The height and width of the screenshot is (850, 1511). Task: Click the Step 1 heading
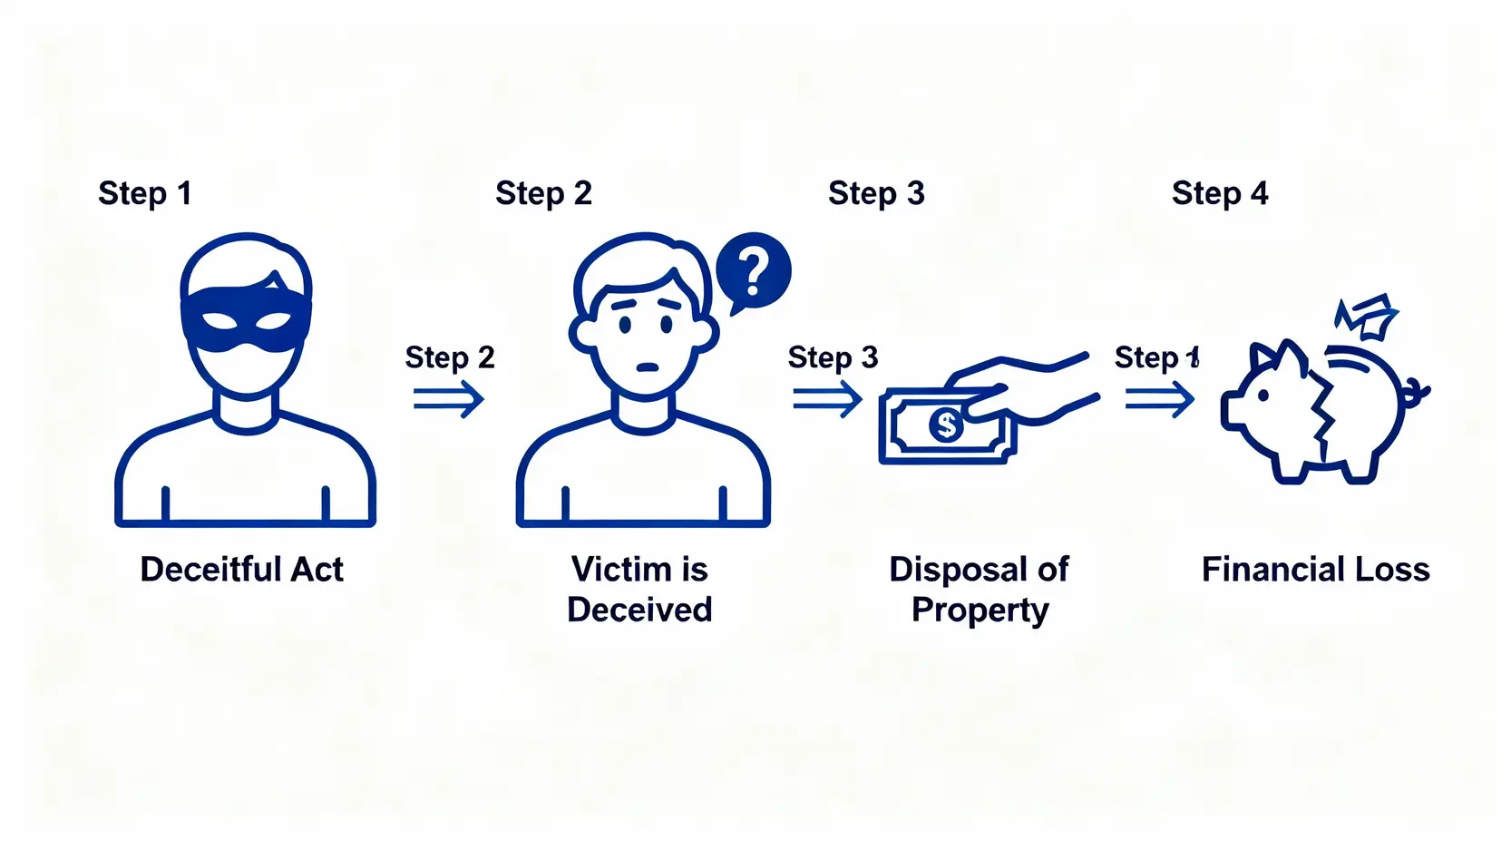tap(144, 193)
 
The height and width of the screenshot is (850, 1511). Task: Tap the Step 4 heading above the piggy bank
tap(1219, 193)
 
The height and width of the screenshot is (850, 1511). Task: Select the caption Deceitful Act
tap(241, 570)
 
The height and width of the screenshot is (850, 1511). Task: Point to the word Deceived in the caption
tap(639, 610)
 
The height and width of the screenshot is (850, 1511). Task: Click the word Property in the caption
tap(980, 611)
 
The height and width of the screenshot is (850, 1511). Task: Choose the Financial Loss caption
tap(1315, 570)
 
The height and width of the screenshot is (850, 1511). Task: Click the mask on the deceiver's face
tap(246, 318)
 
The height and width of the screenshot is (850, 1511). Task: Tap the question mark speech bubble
tap(753, 270)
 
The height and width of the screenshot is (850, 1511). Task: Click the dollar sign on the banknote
tap(945, 425)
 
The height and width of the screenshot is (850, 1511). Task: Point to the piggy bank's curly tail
tap(1415, 394)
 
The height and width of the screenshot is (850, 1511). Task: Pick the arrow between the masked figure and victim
tap(448, 399)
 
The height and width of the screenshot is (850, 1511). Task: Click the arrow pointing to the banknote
tap(826, 399)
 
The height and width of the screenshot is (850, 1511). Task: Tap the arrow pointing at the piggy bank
tap(1159, 399)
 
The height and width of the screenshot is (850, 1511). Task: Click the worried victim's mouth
tap(647, 367)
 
